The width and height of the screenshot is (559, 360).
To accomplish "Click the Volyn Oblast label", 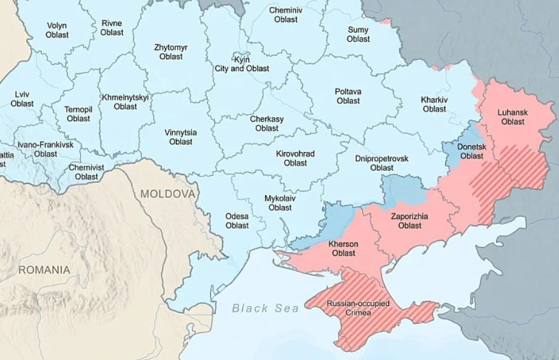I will [x=56, y=30].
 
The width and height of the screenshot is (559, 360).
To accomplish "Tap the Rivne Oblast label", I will [x=112, y=28].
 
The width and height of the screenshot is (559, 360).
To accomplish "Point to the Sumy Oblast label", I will [x=358, y=34].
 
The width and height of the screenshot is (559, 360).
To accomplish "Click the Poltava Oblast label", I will [x=348, y=96].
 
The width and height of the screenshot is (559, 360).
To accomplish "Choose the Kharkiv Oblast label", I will [x=434, y=104].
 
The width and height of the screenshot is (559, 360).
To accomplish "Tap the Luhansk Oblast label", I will [x=513, y=117].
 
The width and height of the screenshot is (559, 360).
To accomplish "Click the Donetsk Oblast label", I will [x=472, y=151].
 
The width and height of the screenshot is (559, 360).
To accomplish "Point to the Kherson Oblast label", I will [x=343, y=248].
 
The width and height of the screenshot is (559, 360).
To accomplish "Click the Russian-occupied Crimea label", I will [x=358, y=307].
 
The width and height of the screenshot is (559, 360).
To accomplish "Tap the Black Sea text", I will [x=266, y=309].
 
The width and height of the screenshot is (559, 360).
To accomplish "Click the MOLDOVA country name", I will [x=168, y=193].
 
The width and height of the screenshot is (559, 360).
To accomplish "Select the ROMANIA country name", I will [x=44, y=270].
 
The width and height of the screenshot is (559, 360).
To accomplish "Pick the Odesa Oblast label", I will [x=237, y=221].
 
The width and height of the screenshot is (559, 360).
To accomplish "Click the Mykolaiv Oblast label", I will [x=280, y=203].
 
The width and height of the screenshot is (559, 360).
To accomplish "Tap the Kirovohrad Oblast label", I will [x=295, y=159].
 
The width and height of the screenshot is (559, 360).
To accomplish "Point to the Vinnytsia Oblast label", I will [x=180, y=137].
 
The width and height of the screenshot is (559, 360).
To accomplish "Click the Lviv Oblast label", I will [x=22, y=99].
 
